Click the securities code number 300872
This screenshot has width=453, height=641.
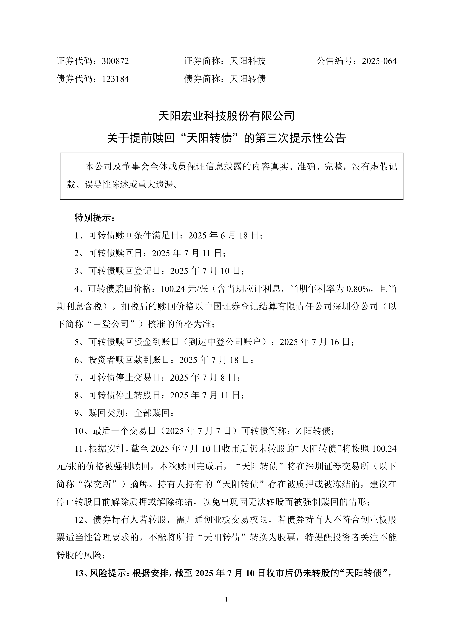click(115, 61)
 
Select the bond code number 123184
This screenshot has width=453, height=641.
click(115, 79)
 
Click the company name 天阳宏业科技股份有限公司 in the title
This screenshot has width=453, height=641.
click(226, 116)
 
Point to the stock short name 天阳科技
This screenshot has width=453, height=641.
click(248, 61)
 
